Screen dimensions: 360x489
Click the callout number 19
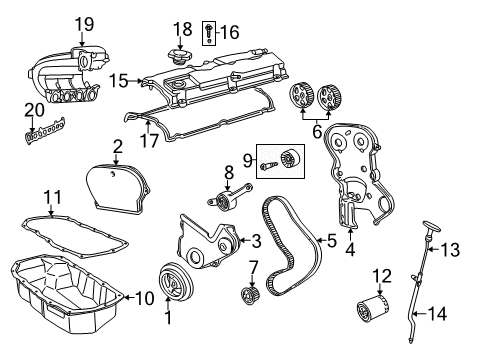coord(83,22)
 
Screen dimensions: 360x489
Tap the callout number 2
coord(117,147)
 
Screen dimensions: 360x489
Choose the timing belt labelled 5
coord(290,240)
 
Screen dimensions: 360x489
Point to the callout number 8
coord(228,171)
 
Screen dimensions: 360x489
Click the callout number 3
coord(256,240)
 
